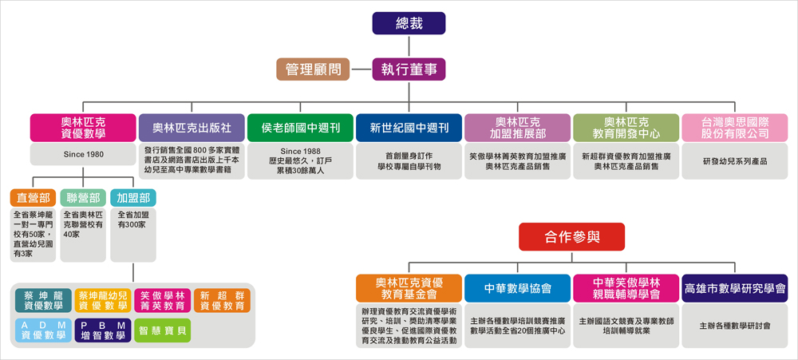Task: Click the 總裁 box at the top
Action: coord(409,23)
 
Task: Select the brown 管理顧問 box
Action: coord(313,69)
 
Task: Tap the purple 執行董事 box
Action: coord(409,69)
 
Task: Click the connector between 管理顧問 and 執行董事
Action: coord(361,69)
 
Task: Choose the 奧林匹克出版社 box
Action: coord(192,128)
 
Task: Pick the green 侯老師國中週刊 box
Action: coord(300,128)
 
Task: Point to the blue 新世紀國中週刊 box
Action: coord(409,128)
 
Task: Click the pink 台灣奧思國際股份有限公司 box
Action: coord(735,128)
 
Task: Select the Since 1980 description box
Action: coord(84,154)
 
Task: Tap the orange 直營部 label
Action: coord(33,198)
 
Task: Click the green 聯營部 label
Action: coord(83,198)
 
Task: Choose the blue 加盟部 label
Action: coord(133,198)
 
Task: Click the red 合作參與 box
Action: coord(571,237)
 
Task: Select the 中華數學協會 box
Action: coord(518,288)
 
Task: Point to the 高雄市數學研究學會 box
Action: coord(735,288)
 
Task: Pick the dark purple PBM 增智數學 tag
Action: coord(103,330)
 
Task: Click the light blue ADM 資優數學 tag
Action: coord(43,330)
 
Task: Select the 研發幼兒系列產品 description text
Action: coord(735,161)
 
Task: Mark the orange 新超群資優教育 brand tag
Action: coord(222,300)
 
